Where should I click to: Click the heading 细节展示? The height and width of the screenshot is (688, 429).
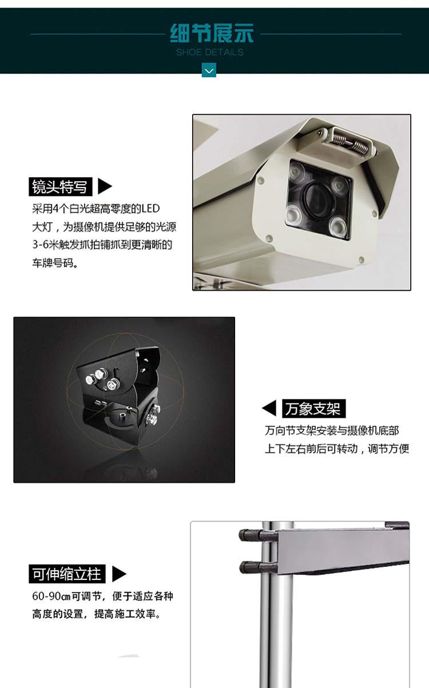(x=212, y=33)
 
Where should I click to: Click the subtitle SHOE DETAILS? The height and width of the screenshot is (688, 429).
(x=210, y=52)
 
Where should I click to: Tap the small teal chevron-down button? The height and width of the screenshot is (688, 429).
(x=209, y=70)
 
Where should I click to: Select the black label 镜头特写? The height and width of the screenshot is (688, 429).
(x=60, y=187)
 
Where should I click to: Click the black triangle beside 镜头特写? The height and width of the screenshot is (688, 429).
(x=105, y=186)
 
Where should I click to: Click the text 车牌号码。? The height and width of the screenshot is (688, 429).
(x=55, y=263)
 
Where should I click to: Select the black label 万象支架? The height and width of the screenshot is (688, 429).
(x=313, y=409)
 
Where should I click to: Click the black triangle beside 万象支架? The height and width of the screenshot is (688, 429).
(x=269, y=408)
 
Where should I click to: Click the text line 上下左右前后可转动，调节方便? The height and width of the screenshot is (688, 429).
(x=337, y=449)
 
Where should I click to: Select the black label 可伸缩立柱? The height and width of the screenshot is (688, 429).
(x=67, y=574)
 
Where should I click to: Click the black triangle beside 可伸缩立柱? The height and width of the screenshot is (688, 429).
(x=119, y=574)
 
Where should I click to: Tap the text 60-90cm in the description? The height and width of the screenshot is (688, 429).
(x=51, y=596)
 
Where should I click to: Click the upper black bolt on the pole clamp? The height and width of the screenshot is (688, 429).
(x=251, y=535)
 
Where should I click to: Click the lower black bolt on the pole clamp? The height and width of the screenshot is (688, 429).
(x=251, y=567)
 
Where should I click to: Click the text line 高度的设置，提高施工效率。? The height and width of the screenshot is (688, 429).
(x=97, y=614)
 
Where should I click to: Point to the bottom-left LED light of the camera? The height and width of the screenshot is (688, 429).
(x=294, y=214)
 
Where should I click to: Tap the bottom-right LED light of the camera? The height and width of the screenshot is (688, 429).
(x=338, y=227)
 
